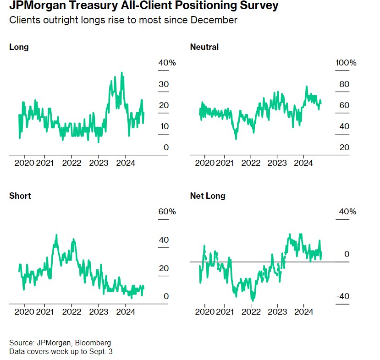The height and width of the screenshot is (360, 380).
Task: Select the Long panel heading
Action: click(19, 47)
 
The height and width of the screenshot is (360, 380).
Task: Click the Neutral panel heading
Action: click(204, 47)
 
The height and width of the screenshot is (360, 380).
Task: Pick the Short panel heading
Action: click(20, 196)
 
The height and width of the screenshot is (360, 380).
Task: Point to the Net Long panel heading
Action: click(208, 196)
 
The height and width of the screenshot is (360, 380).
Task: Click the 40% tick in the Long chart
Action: click(167, 63)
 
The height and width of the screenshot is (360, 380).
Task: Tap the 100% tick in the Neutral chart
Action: click(346, 63)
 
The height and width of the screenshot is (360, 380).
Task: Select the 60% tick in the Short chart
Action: click(167, 212)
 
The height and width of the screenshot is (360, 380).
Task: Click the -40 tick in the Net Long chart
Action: click(343, 296)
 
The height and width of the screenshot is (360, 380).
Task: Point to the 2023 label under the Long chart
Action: click(99, 163)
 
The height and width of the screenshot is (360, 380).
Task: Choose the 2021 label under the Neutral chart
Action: click(224, 163)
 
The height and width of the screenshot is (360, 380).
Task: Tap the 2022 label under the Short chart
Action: click(72, 311)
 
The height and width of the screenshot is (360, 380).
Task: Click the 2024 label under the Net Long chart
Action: click(303, 311)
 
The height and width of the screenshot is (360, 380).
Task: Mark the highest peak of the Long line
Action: click(121, 72)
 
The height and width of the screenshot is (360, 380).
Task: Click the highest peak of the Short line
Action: click(56, 235)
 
